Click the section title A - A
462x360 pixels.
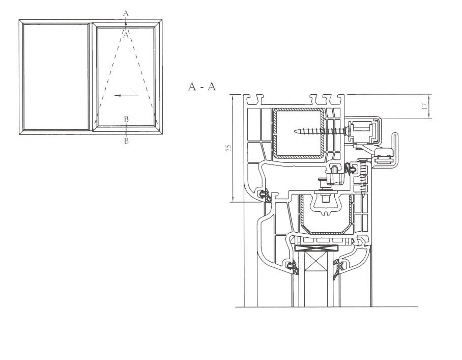[202, 87]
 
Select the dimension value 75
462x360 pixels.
[228, 148]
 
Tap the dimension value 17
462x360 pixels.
[424, 106]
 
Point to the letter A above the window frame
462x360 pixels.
[126, 13]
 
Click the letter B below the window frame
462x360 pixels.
[126, 141]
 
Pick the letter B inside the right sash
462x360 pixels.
[126, 119]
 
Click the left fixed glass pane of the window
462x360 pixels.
[55, 77]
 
